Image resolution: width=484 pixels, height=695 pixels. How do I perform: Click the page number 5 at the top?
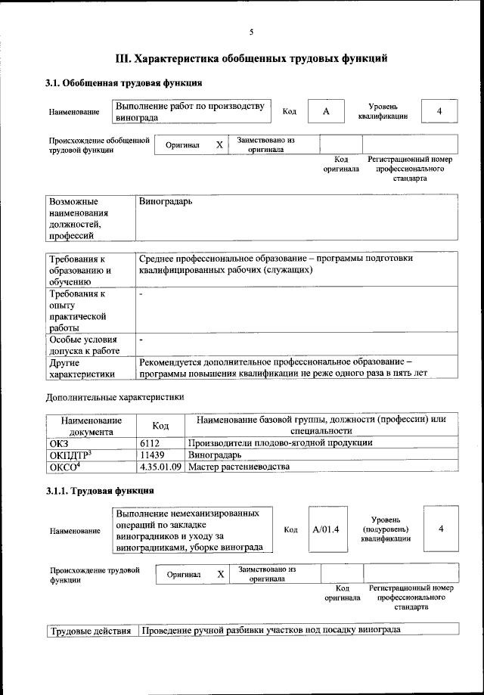tap(251, 31)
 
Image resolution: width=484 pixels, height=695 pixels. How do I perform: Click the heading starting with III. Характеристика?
tap(251, 57)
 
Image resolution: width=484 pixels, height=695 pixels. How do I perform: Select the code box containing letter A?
tap(326, 112)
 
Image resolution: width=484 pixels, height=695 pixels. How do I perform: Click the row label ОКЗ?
tap(59, 443)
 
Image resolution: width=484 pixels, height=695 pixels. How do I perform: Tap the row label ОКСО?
tap(65, 467)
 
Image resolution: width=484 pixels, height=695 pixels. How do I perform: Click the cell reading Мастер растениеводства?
tap(239, 467)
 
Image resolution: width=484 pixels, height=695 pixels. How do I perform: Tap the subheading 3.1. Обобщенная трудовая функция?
tap(123, 82)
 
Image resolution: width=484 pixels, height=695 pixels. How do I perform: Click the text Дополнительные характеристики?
tap(114, 396)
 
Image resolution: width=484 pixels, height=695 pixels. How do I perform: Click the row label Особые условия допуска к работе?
tap(84, 346)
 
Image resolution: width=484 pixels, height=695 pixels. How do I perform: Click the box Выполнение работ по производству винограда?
tap(191, 112)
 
